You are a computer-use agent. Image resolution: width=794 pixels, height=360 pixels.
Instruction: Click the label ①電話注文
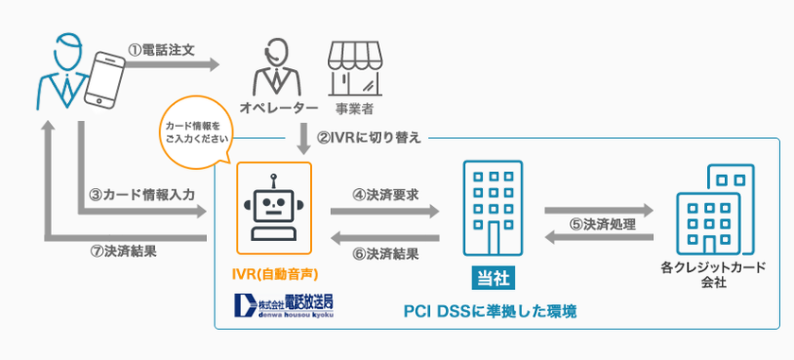click(x=162, y=49)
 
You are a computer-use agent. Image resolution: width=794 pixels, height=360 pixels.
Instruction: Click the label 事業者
click(x=354, y=109)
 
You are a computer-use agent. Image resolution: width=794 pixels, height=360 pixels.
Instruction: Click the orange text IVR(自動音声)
click(x=272, y=276)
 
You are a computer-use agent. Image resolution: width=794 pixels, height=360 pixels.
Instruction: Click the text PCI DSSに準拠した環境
click(x=490, y=310)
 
